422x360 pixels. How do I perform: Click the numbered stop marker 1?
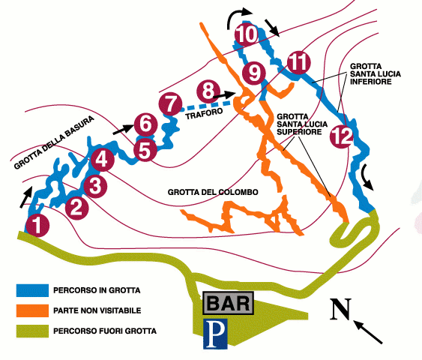[x=37, y=225]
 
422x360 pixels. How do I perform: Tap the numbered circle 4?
[x=102, y=159]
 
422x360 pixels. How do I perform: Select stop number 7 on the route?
[x=170, y=104]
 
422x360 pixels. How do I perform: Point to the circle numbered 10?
[x=247, y=34]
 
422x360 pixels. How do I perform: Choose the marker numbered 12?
[x=342, y=136]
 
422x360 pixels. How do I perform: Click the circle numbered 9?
[x=254, y=73]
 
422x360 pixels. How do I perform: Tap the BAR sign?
[x=228, y=303]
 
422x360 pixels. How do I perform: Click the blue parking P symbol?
[x=215, y=334]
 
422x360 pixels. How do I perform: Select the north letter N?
[x=341, y=309]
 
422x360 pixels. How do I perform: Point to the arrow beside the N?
[x=368, y=331]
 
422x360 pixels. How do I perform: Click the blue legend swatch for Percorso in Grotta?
[x=32, y=290]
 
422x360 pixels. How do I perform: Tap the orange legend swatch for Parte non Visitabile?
[x=32, y=310]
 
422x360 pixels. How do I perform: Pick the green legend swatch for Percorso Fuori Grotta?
[x=32, y=331]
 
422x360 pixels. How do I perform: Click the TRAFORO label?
[x=205, y=113]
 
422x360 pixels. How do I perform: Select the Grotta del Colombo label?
[x=213, y=192]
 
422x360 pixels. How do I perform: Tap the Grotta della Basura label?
[x=54, y=142]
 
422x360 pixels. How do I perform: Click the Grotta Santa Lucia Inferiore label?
[x=376, y=74]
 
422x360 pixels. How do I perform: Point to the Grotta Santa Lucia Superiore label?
[x=302, y=124]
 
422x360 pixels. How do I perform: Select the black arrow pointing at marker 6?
[x=123, y=130]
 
